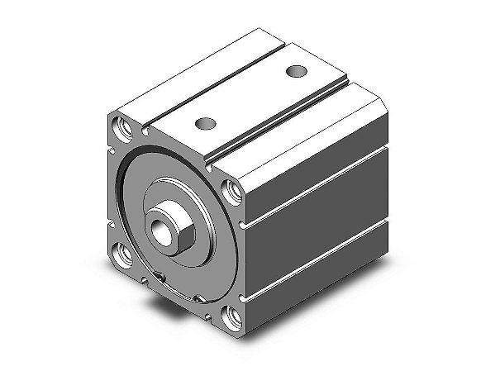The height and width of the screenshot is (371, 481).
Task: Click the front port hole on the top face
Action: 205,124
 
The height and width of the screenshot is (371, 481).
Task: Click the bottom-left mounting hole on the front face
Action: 125,254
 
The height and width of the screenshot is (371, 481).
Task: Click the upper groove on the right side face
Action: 314,184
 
